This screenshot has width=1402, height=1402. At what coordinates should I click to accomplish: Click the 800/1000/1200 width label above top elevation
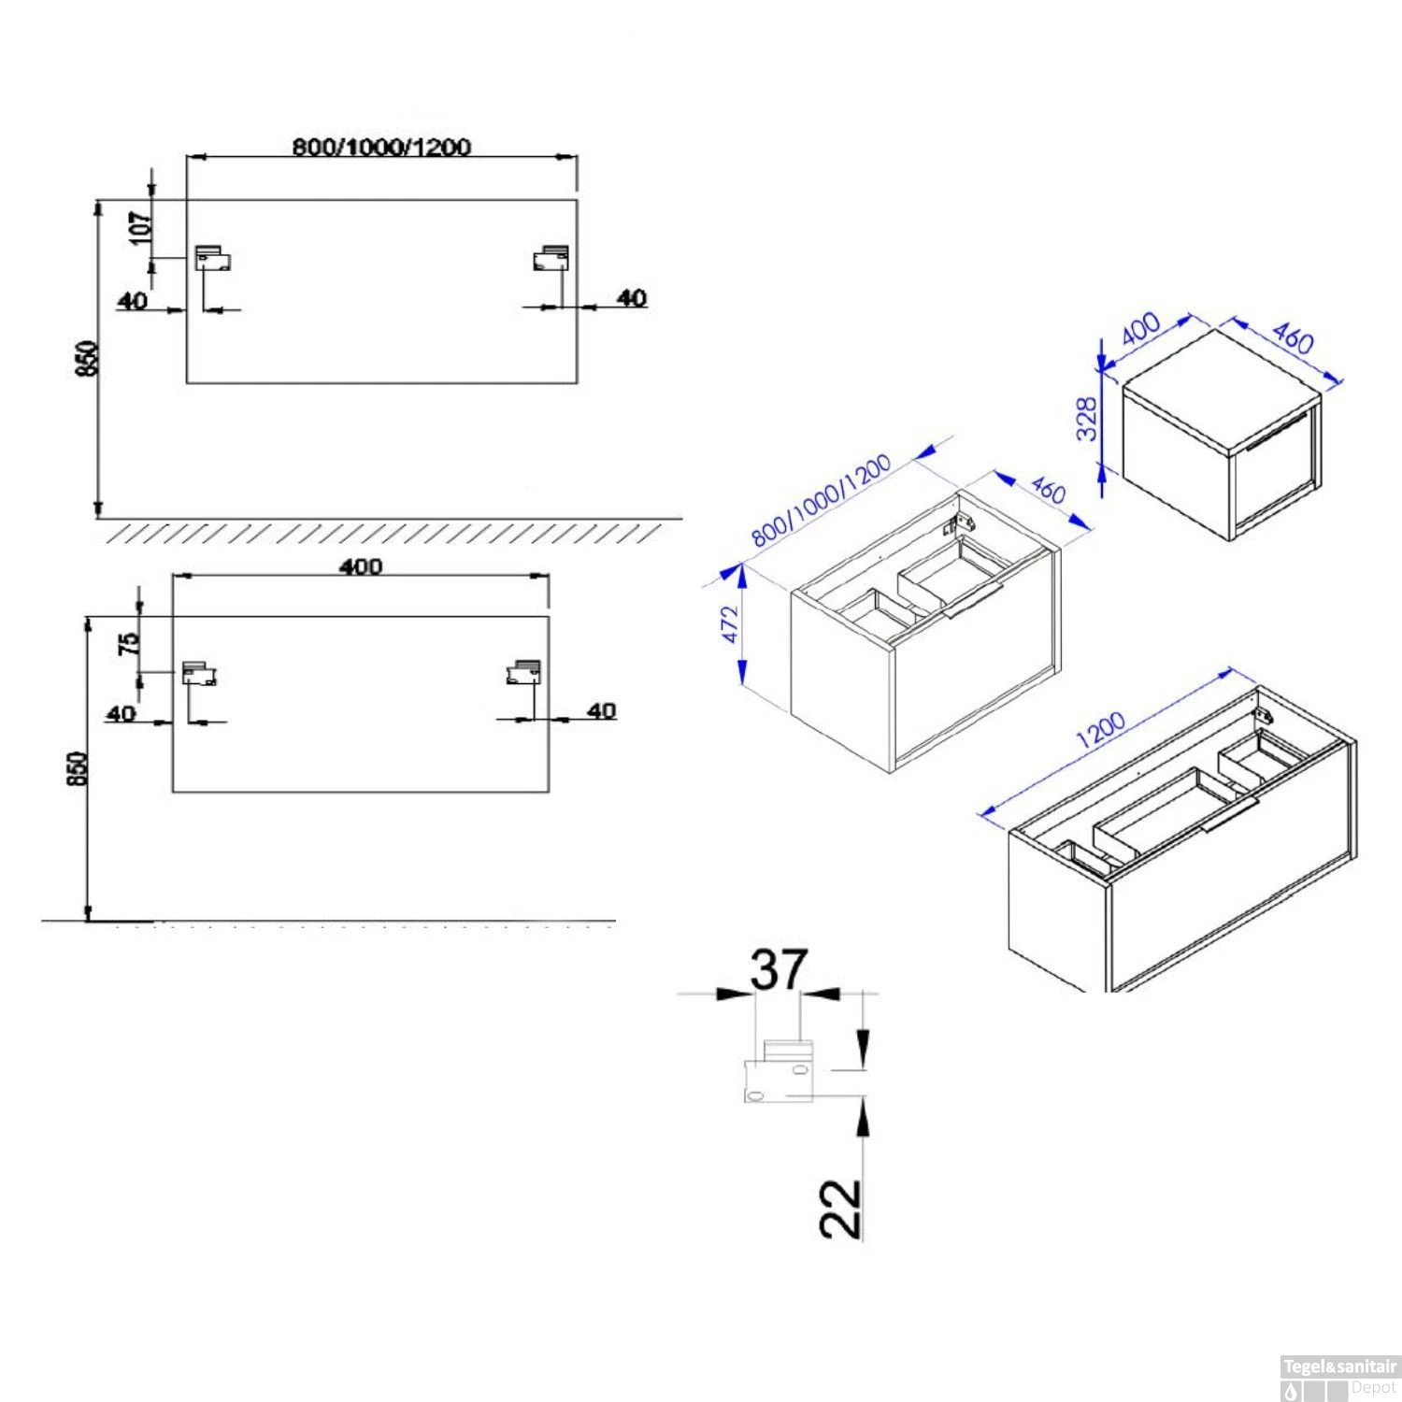[x=381, y=147]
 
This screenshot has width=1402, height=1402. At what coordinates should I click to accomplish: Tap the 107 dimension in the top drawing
[x=139, y=227]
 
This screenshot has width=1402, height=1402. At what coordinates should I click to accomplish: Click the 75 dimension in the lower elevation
[x=128, y=642]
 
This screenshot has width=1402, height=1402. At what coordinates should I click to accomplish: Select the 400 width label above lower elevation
[x=362, y=566]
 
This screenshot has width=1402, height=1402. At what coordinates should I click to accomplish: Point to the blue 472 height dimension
[x=729, y=624]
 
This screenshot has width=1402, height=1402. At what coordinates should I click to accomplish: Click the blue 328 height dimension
[x=1087, y=420]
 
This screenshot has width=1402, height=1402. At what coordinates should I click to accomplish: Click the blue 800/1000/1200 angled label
[x=821, y=501]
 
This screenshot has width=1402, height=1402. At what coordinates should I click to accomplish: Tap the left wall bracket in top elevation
[x=212, y=258]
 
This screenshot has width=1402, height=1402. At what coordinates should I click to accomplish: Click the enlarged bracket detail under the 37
[x=780, y=1071]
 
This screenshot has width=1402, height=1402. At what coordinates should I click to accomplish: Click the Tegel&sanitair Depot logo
[x=1339, y=1376]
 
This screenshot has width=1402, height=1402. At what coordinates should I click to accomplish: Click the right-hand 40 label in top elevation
[x=633, y=298]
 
